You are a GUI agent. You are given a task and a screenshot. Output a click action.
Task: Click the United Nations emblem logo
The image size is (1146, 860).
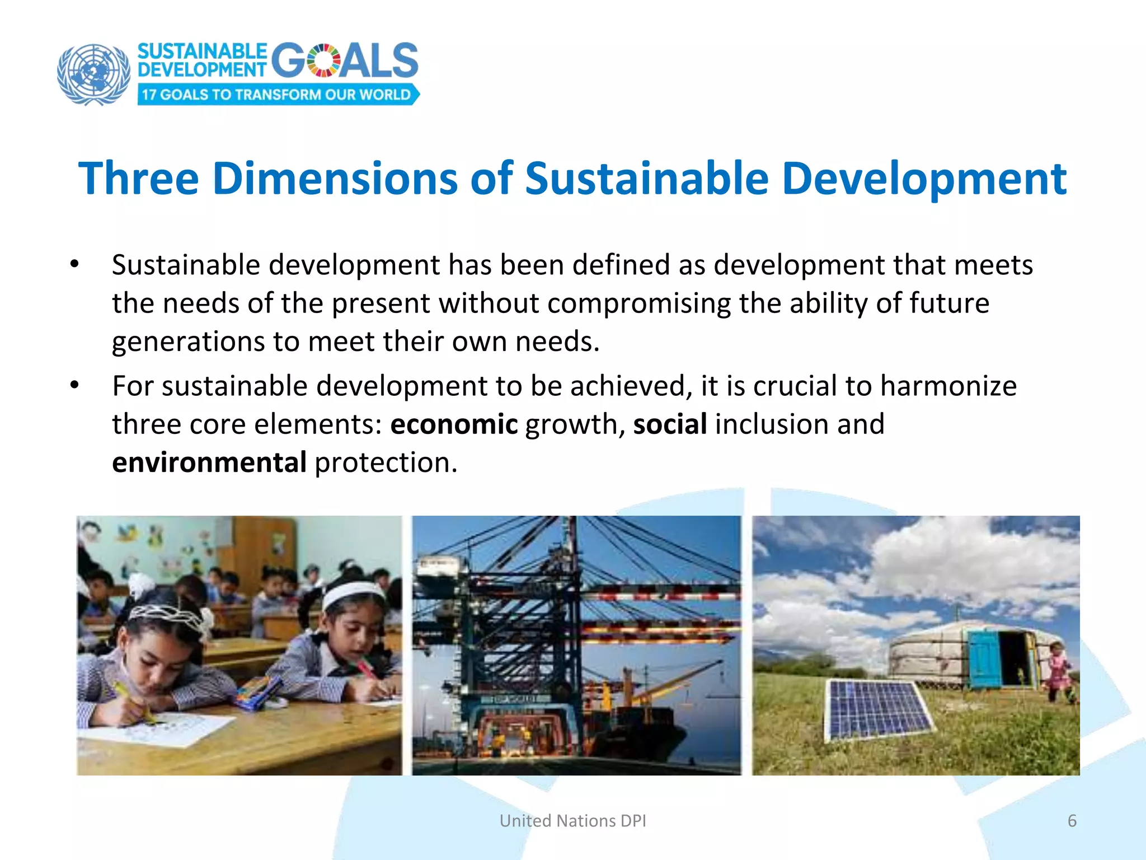(x=93, y=74)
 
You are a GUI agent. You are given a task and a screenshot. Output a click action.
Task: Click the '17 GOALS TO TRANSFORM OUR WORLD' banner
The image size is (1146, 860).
(x=277, y=94)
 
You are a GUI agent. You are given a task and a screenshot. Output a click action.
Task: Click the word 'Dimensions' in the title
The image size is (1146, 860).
(x=335, y=179)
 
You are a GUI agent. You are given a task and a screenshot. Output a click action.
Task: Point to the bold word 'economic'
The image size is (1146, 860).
(x=454, y=424)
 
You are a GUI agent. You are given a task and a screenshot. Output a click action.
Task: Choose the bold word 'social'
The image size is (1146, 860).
(x=670, y=424)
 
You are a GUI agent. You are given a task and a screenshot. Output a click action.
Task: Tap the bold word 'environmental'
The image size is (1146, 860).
(x=209, y=463)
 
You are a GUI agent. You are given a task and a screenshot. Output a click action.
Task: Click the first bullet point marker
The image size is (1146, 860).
(x=74, y=264)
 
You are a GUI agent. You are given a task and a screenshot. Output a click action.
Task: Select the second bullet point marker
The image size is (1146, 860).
(x=74, y=386)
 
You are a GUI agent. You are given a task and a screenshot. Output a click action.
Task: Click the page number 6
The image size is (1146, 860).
(x=1072, y=821)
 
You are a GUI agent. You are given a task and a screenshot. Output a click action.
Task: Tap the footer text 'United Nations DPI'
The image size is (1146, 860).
(x=572, y=821)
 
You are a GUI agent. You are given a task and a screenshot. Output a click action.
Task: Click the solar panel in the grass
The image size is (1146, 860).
(x=876, y=709)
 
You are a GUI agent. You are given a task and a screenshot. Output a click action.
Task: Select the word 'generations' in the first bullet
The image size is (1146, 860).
(x=188, y=342)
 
